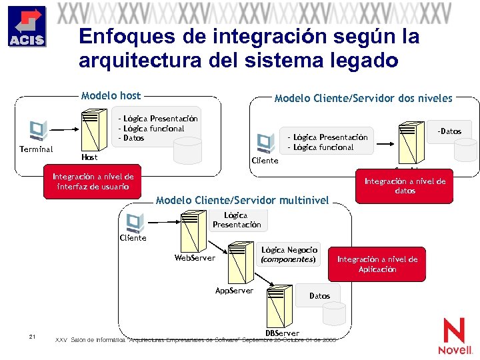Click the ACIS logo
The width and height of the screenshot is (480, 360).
(27, 27)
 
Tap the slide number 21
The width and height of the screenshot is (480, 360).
(32, 337)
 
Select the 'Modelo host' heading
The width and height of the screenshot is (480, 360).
(111, 96)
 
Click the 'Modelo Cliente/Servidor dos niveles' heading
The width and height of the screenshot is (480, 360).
(363, 98)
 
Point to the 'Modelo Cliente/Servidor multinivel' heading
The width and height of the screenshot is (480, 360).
(242, 200)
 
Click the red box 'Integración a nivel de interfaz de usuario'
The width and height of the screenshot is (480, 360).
(93, 181)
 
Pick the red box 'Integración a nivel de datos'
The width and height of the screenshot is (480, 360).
(405, 185)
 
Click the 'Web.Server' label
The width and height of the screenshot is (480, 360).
(195, 257)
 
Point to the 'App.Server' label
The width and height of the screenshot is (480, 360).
(234, 291)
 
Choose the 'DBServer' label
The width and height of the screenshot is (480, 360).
(282, 333)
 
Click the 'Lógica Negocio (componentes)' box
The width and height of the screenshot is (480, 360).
(289, 254)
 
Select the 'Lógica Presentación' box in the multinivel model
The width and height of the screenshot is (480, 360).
(236, 220)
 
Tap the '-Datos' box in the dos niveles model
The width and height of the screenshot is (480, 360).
(449, 131)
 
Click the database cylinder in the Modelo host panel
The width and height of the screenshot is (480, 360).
(187, 150)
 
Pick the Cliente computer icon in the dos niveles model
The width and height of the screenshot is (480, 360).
(265, 142)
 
